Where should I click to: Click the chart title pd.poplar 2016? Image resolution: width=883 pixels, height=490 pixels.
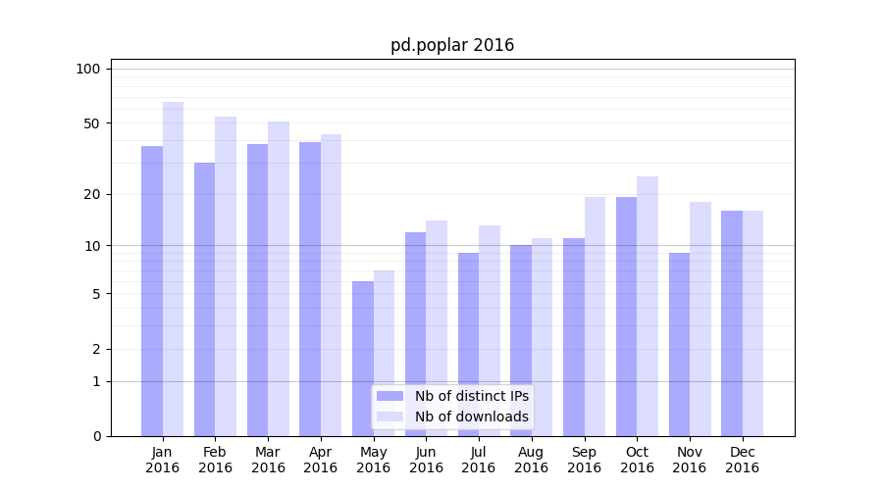(452, 45)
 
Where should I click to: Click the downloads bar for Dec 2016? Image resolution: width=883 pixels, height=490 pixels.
(753, 323)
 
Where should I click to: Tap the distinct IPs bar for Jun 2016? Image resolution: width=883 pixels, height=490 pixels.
(415, 334)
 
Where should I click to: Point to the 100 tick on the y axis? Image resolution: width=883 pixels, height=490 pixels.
(88, 69)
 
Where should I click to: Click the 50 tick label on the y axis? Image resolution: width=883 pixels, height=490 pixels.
(91, 123)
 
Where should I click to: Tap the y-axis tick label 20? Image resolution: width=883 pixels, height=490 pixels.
(91, 194)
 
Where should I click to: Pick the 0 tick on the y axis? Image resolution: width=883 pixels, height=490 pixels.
(95, 436)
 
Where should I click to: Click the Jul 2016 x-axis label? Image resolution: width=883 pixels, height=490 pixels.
(479, 460)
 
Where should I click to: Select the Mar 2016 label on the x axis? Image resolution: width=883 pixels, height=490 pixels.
(268, 460)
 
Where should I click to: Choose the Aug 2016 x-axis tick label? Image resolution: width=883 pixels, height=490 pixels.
(531, 460)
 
